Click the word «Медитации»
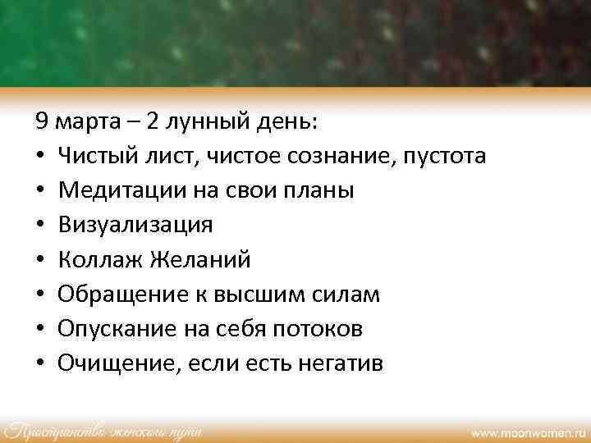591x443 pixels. click(x=112, y=191)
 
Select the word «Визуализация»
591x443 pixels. click(x=135, y=226)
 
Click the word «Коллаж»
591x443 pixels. click(x=100, y=260)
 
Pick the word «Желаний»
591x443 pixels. click(x=200, y=260)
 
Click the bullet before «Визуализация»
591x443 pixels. click(x=40, y=226)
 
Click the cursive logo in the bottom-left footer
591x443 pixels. click(x=103, y=430)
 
